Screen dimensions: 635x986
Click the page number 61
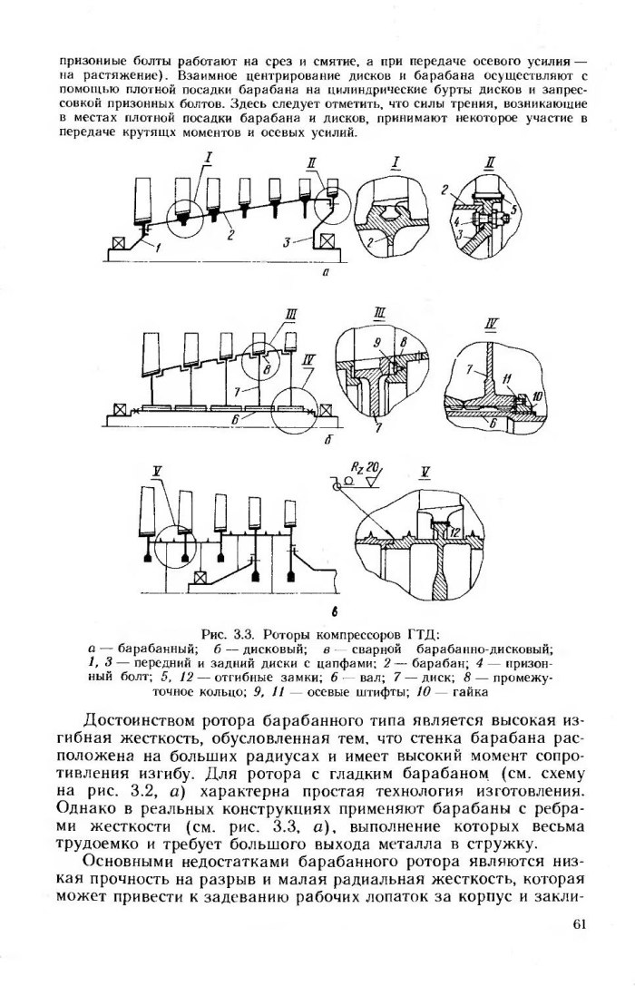click(x=579, y=923)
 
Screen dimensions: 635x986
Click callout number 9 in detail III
click(x=377, y=342)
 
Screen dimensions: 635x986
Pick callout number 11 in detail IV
click(x=506, y=378)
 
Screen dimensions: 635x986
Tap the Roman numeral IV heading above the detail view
click(x=493, y=325)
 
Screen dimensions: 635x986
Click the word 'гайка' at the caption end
click(x=471, y=694)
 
